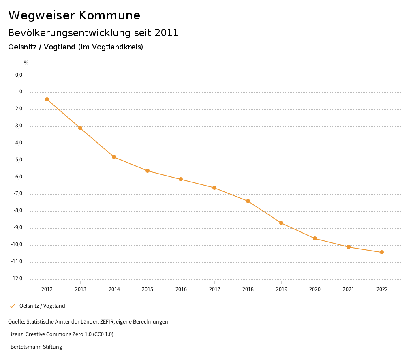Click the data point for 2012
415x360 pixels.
(47, 99)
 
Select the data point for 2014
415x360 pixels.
(114, 157)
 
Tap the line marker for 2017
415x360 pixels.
(214, 188)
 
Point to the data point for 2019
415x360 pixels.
(281, 223)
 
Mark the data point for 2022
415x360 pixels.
(382, 252)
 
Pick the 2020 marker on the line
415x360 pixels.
(315, 238)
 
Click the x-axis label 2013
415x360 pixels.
(81, 289)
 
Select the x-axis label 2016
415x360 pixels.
(181, 289)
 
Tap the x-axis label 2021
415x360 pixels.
(348, 289)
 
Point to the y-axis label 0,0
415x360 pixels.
(19, 75)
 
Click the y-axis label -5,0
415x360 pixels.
(18, 160)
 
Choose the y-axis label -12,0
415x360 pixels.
(17, 279)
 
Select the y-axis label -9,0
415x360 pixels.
(18, 227)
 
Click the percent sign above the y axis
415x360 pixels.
(26, 63)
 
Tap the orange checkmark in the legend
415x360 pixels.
(12, 306)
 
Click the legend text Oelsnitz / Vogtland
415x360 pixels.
(42, 306)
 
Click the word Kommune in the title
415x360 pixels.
(109, 15)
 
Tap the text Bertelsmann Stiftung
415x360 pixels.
(36, 347)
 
